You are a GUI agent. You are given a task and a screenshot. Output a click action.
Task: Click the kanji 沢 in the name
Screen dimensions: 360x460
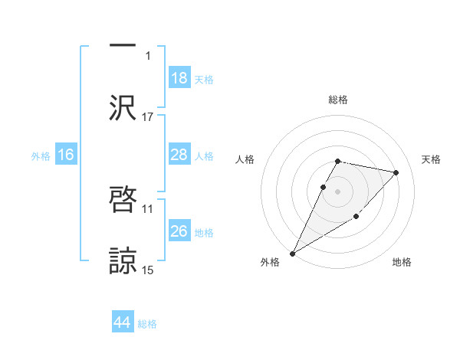click(123, 106)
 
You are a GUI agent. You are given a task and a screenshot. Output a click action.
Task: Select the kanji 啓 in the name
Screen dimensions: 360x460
click(123, 198)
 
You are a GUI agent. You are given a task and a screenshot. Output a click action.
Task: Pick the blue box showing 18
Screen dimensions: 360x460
click(179, 78)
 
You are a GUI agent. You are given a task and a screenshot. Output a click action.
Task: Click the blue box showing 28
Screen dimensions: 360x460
click(179, 155)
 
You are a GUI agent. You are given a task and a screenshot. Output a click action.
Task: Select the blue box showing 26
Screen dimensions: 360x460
click(179, 231)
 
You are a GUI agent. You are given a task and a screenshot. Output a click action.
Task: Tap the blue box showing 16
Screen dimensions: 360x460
click(66, 155)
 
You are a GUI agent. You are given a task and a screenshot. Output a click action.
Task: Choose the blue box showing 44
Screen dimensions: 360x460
click(123, 323)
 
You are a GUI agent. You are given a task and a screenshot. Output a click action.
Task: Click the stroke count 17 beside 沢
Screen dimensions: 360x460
click(148, 116)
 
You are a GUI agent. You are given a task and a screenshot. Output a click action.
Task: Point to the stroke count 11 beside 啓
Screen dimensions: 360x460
click(148, 208)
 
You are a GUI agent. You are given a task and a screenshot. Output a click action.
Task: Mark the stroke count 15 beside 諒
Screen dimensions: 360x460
click(148, 270)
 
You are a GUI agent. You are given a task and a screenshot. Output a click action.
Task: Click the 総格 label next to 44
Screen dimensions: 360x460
click(147, 324)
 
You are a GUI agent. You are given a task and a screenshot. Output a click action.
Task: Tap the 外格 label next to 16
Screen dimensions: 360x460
click(41, 155)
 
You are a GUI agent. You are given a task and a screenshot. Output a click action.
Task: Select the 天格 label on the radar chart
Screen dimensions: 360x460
click(432, 159)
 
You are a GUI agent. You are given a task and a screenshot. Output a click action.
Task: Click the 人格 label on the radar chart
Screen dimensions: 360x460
click(245, 159)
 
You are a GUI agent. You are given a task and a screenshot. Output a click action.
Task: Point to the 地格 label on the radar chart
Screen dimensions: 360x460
click(402, 263)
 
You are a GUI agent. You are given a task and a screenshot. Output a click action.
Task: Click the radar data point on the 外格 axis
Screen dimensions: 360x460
click(293, 253)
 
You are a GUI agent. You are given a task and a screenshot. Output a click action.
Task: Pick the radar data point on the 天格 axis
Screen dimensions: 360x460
click(396, 172)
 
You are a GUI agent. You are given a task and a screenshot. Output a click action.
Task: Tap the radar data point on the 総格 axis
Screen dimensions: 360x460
click(337, 161)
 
